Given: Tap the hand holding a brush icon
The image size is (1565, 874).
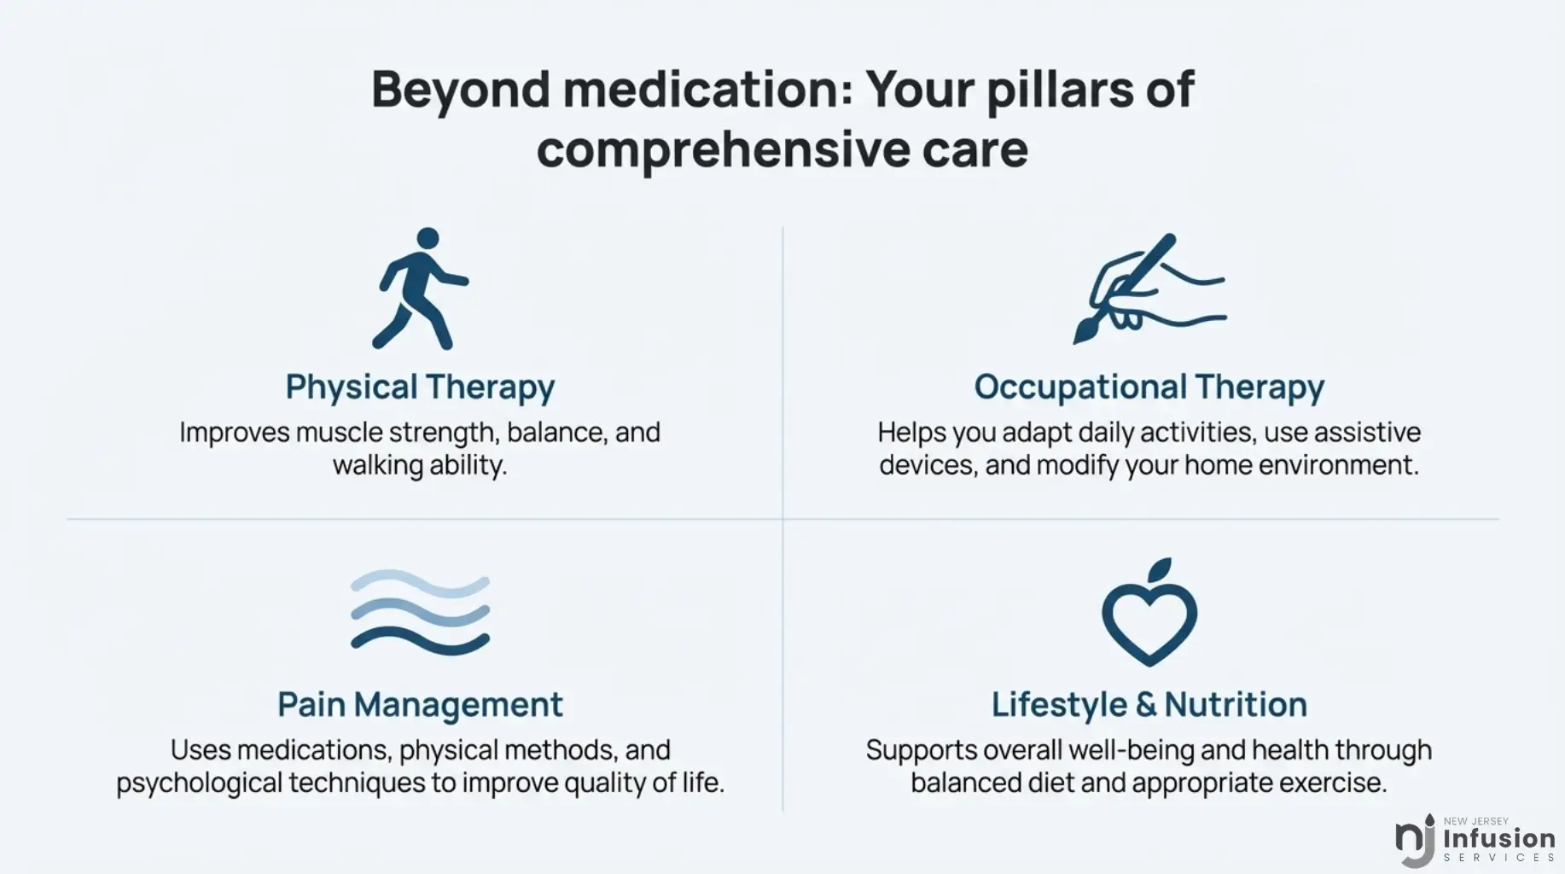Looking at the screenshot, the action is [1149, 288].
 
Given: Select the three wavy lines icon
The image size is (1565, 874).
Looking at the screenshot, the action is [420, 612].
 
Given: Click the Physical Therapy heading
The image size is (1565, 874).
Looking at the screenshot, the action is [420, 387].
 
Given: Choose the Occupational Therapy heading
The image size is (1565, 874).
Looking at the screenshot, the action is [1149, 387].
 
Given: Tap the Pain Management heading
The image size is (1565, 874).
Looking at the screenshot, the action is [420, 705].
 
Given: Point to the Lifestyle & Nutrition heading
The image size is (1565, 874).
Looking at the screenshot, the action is [1149, 705].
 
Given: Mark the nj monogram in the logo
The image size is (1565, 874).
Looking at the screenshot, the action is [1415, 840].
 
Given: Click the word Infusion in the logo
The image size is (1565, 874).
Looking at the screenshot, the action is [1499, 838].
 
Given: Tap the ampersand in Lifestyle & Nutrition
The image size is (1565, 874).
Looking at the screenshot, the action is [1146, 706].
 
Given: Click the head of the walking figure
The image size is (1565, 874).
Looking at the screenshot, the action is [428, 239].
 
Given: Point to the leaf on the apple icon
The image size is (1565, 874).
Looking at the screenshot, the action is [1161, 569].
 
